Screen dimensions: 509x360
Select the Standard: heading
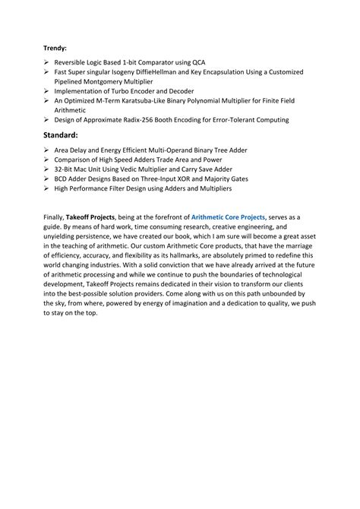point(65,134)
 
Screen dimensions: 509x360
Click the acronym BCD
point(62,179)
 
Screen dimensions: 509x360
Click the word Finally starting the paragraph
point(55,217)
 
